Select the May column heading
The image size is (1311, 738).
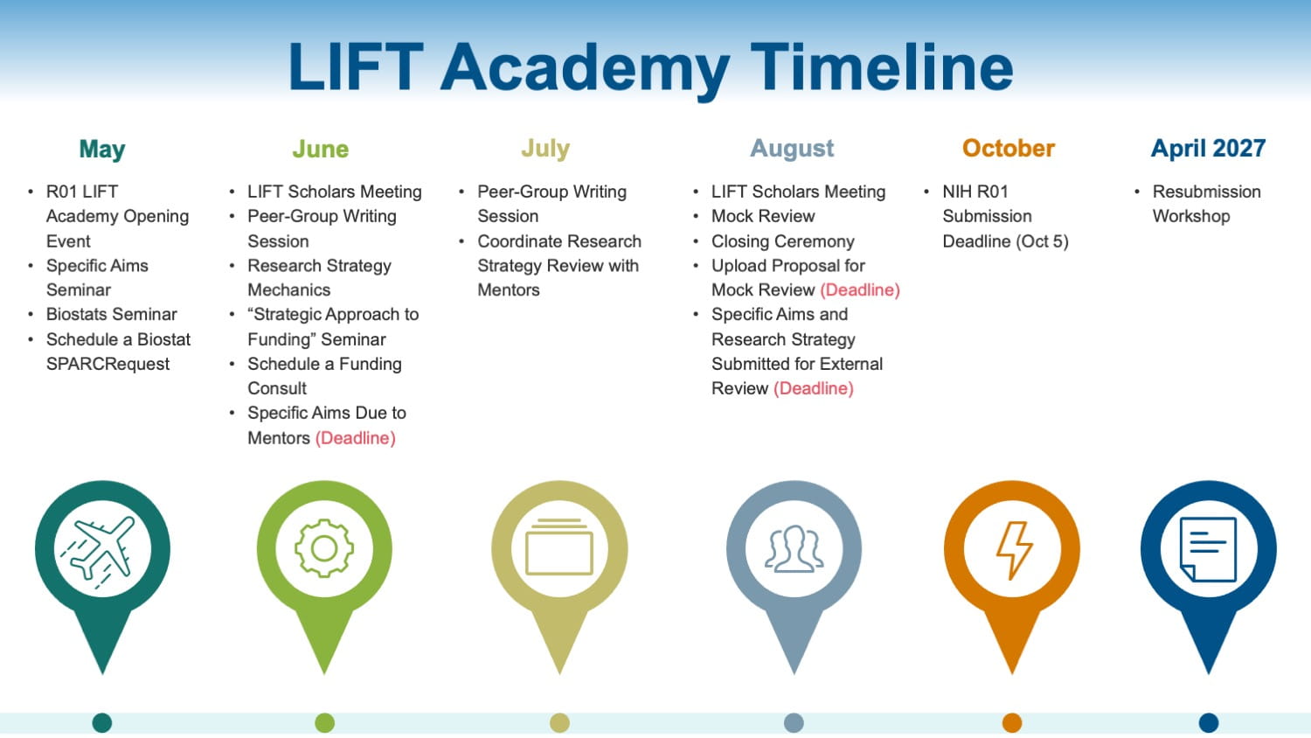click(102, 150)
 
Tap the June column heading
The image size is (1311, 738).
click(320, 149)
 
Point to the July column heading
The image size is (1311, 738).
click(545, 149)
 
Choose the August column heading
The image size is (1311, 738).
click(792, 149)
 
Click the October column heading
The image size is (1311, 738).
click(1009, 148)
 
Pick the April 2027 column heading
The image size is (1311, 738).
click(1208, 148)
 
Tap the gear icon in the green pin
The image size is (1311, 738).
click(324, 549)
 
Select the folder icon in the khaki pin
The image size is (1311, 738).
click(559, 547)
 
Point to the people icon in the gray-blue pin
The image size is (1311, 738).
click(794, 549)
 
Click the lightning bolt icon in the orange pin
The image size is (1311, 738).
click(1013, 550)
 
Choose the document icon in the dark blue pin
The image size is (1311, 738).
click(1208, 549)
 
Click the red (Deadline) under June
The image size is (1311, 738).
click(355, 438)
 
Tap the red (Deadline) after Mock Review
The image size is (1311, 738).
click(860, 290)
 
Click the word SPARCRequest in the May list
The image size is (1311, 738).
click(108, 365)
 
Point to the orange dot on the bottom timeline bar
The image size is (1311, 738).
click(1012, 722)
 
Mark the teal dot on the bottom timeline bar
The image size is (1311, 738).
click(102, 722)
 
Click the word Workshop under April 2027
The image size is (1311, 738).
click(1191, 216)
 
